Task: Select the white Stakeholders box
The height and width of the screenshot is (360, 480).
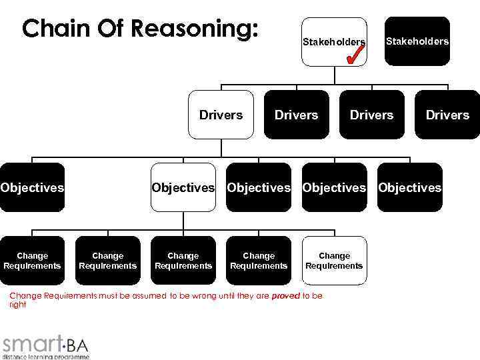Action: click(x=333, y=41)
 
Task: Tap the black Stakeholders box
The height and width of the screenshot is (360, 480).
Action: click(x=417, y=41)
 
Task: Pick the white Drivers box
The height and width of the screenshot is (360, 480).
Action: click(x=221, y=115)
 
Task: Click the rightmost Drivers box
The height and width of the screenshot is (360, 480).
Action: click(x=447, y=115)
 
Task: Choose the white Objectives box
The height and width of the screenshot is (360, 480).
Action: click(x=183, y=187)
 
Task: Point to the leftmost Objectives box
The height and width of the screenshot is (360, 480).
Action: click(x=32, y=187)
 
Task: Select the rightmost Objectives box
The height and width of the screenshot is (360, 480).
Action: click(x=409, y=187)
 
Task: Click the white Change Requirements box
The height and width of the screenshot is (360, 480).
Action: click(x=334, y=261)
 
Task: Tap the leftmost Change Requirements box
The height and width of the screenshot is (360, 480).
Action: click(x=32, y=261)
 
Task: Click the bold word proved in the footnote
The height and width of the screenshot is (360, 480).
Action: click(x=286, y=295)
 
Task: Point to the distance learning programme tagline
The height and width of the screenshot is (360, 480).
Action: click(x=45, y=356)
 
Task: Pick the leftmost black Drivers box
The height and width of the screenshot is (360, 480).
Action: click(x=296, y=115)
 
